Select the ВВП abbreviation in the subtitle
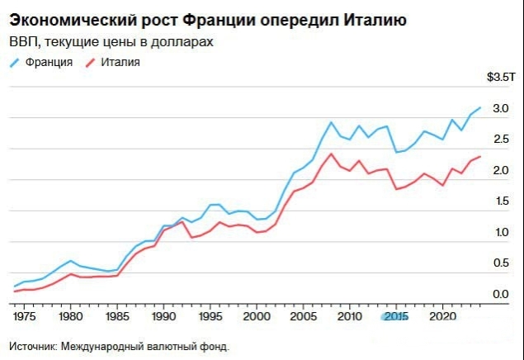pyautogui.click(x=24, y=41)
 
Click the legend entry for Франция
pyautogui.click(x=49, y=62)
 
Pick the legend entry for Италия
pyautogui.click(x=120, y=62)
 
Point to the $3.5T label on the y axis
pyautogui.click(x=501, y=78)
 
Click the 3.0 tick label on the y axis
pyautogui.click(x=499, y=109)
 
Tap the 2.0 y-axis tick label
pyautogui.click(x=499, y=171)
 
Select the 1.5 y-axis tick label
pyautogui.click(x=499, y=201)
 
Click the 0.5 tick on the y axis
pyautogui.click(x=499, y=263)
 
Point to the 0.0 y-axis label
pyautogui.click(x=499, y=295)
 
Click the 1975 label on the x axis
pyautogui.click(x=25, y=316)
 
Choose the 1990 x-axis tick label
pyautogui.click(x=163, y=316)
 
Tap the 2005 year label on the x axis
pyautogui.click(x=303, y=316)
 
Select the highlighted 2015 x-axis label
pyautogui.click(x=395, y=316)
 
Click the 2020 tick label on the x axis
pyautogui.click(x=442, y=316)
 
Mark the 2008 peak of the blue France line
pyautogui.click(x=331, y=122)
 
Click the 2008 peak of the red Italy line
pyautogui.click(x=331, y=154)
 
